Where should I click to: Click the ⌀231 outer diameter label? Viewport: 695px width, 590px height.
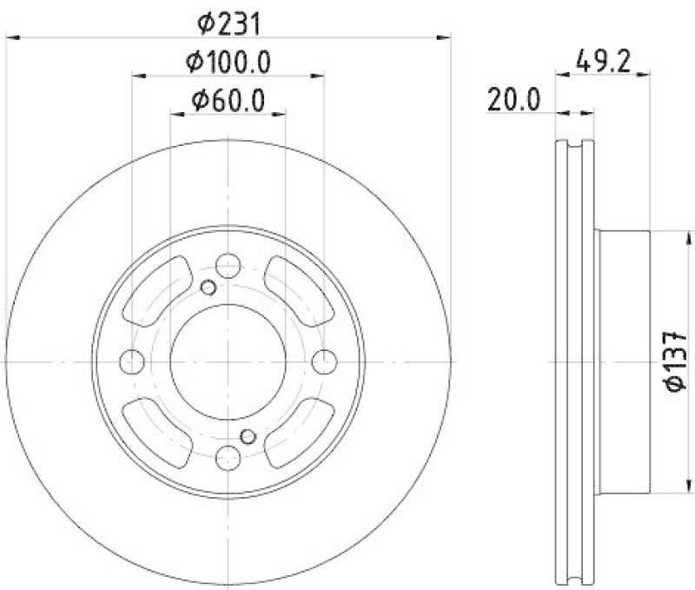(x=228, y=24)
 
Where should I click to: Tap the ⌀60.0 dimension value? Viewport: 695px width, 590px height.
(x=228, y=100)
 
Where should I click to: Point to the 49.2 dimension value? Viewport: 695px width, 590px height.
(x=602, y=62)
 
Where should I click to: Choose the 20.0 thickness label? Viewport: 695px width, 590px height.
(x=513, y=100)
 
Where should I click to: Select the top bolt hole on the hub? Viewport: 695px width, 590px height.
(x=228, y=265)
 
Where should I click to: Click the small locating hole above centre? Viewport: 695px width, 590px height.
(x=208, y=288)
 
